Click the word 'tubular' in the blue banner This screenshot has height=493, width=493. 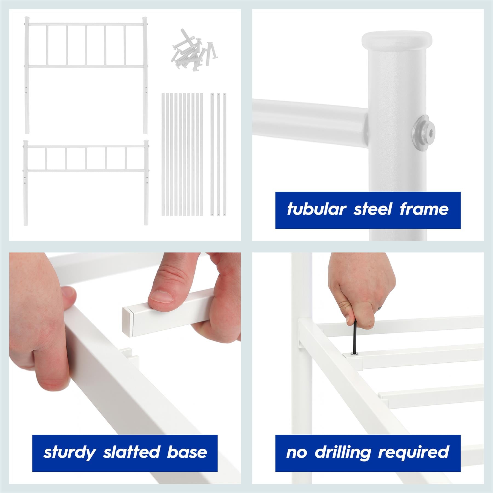[x=317, y=210]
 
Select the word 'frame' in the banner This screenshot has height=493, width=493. [x=424, y=210]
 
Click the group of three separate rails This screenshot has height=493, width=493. [x=218, y=155]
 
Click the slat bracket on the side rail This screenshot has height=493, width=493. [x=129, y=356]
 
